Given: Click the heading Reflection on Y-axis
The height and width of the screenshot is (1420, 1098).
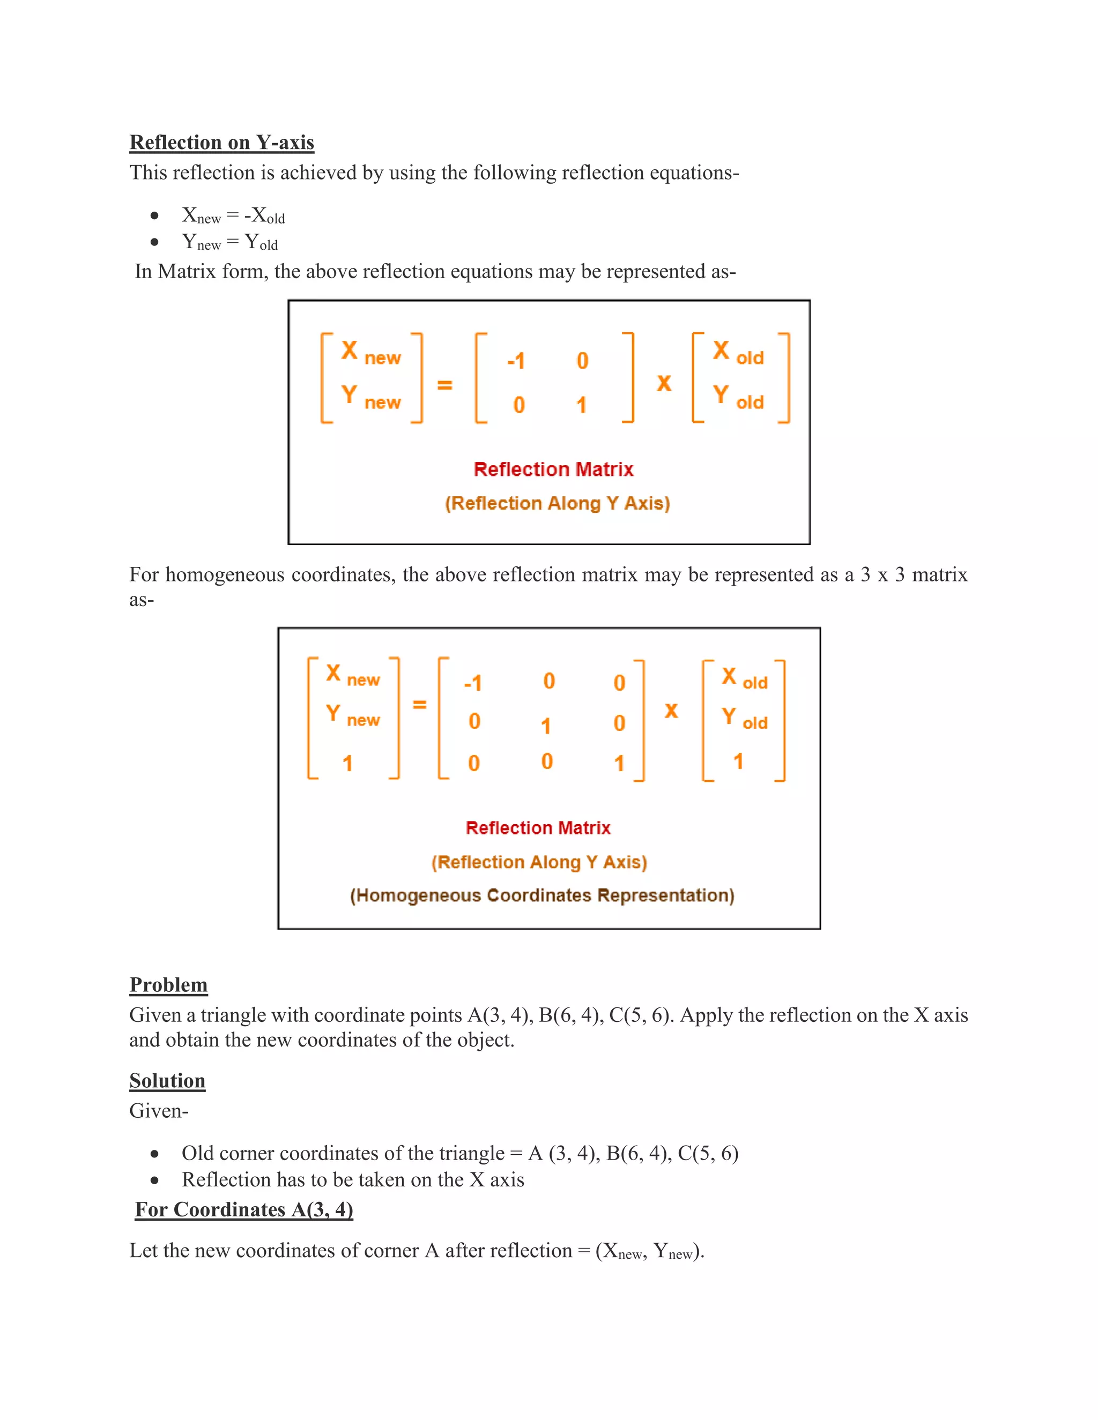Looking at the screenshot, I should click(222, 143).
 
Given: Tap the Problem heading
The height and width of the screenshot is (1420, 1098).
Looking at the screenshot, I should click(168, 984).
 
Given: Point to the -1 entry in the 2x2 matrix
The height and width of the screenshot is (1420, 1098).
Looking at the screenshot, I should click(516, 361).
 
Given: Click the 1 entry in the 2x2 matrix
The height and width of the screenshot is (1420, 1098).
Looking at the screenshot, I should click(582, 405).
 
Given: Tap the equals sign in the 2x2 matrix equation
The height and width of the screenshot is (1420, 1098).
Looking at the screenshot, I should click(444, 385).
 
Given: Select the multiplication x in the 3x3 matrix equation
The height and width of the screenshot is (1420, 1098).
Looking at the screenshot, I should click(671, 711).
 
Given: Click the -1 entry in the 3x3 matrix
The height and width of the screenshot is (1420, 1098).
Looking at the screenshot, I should click(473, 683).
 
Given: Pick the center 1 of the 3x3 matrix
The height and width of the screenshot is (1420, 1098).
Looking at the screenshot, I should click(546, 726).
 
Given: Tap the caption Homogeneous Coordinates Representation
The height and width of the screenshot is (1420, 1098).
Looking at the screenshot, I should click(542, 895).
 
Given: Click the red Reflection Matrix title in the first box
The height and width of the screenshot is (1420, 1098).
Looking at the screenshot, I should click(553, 469).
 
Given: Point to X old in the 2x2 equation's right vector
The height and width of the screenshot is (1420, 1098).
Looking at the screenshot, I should click(738, 353).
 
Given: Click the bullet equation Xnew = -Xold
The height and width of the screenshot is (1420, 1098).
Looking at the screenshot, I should click(233, 215).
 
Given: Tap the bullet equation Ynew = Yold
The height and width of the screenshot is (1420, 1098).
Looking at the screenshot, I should click(229, 242).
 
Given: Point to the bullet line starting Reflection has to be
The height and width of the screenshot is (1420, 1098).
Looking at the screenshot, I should click(353, 1179).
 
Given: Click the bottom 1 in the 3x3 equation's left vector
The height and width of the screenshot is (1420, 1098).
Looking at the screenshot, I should click(348, 763).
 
